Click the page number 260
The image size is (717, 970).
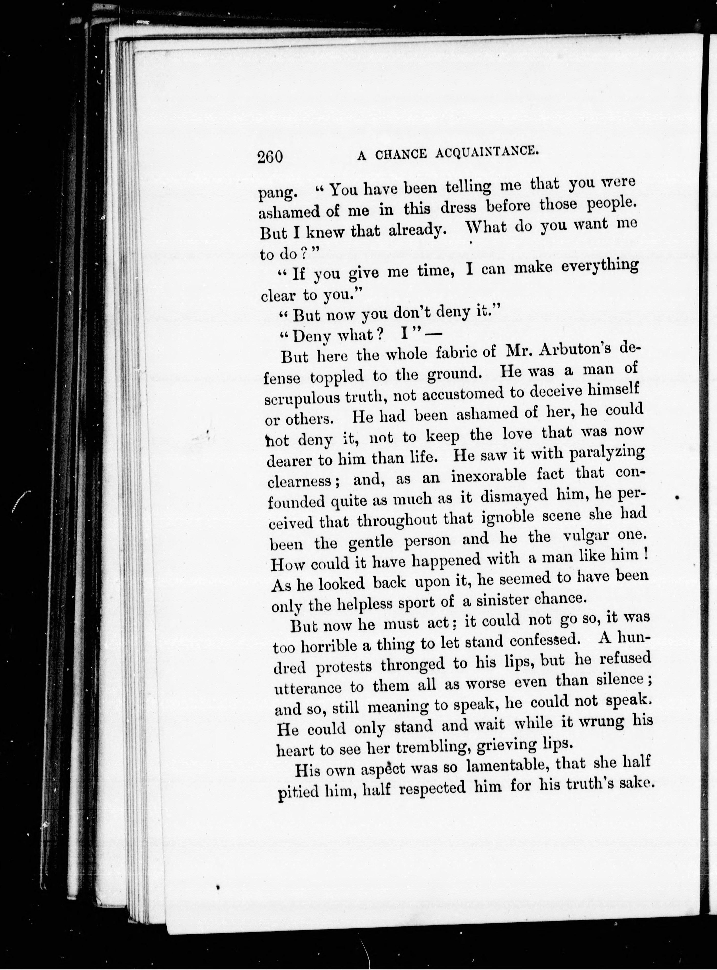270,156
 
